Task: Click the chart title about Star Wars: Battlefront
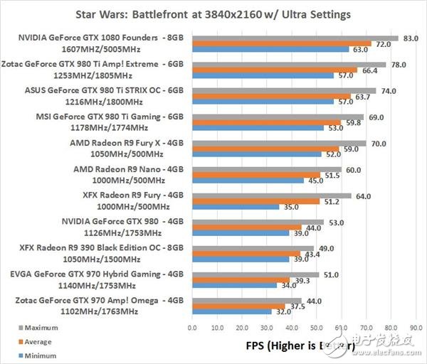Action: click(x=213, y=14)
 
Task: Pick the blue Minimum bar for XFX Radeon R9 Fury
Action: click(x=235, y=208)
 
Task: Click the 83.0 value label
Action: click(x=410, y=38)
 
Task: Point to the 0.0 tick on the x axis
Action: click(x=191, y=328)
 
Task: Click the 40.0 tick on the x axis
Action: click(x=291, y=328)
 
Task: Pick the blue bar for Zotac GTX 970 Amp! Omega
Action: click(x=231, y=312)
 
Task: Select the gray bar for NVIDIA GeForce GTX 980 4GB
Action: click(x=257, y=221)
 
